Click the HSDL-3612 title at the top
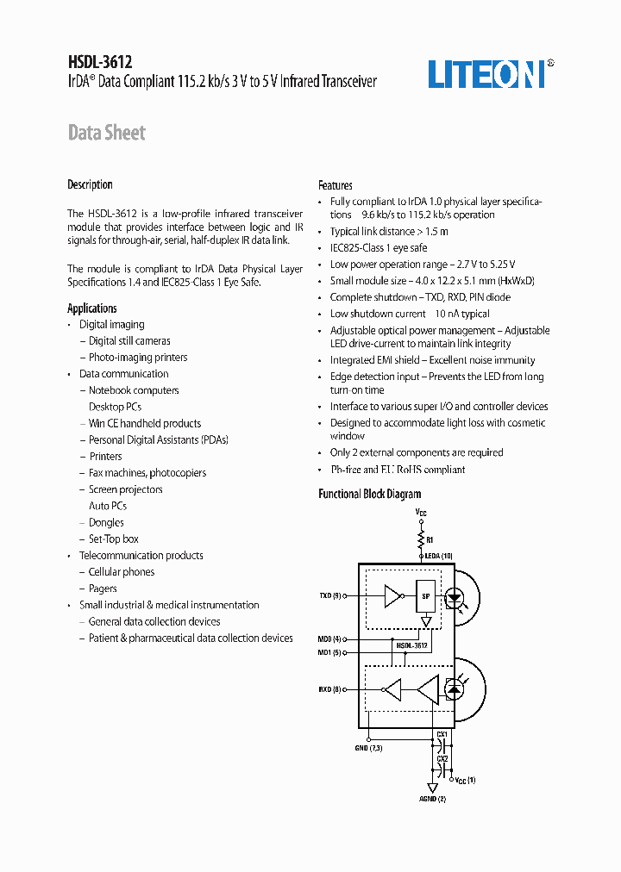tap(99, 62)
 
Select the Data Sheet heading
tap(106, 133)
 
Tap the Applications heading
tap(92, 308)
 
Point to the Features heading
tap(335, 185)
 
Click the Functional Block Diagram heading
tap(369, 494)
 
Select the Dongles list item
tap(106, 522)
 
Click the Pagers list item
tap(103, 589)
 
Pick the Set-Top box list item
tap(113, 539)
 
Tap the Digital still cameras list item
tap(129, 341)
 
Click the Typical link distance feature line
tap(388, 231)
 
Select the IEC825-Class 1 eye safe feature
tap(378, 247)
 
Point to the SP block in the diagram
tap(424, 595)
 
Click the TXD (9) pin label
tap(330, 595)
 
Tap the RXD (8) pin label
tap(330, 688)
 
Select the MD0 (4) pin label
tap(329, 638)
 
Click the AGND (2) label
tap(433, 799)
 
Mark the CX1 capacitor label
tap(442, 733)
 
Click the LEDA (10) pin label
tap(438, 557)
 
